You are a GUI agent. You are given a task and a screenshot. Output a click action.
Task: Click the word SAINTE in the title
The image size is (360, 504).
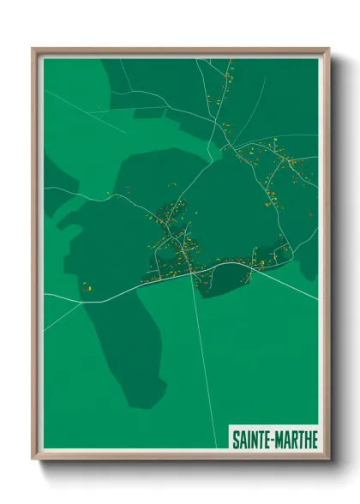pos(253,440)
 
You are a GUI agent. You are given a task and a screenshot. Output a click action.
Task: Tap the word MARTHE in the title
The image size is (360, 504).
pos(297,440)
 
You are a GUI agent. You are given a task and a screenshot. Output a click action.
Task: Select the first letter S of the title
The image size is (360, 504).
pos(236,440)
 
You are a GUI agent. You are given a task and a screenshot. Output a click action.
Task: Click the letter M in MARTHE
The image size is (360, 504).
pos(282,440)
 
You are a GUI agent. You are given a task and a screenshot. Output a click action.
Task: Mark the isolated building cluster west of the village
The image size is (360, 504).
pos(87,288)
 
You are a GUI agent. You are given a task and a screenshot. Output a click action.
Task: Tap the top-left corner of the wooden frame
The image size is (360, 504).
pos(33,50)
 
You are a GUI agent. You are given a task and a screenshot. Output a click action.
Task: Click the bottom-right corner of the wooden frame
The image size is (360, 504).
pos(328,459)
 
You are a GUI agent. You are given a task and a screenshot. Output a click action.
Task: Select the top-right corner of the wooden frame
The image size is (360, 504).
pos(328,50)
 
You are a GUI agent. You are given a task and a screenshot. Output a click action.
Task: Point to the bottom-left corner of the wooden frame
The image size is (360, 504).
pos(33,459)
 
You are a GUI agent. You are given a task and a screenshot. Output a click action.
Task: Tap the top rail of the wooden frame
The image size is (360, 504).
pos(180,50)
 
